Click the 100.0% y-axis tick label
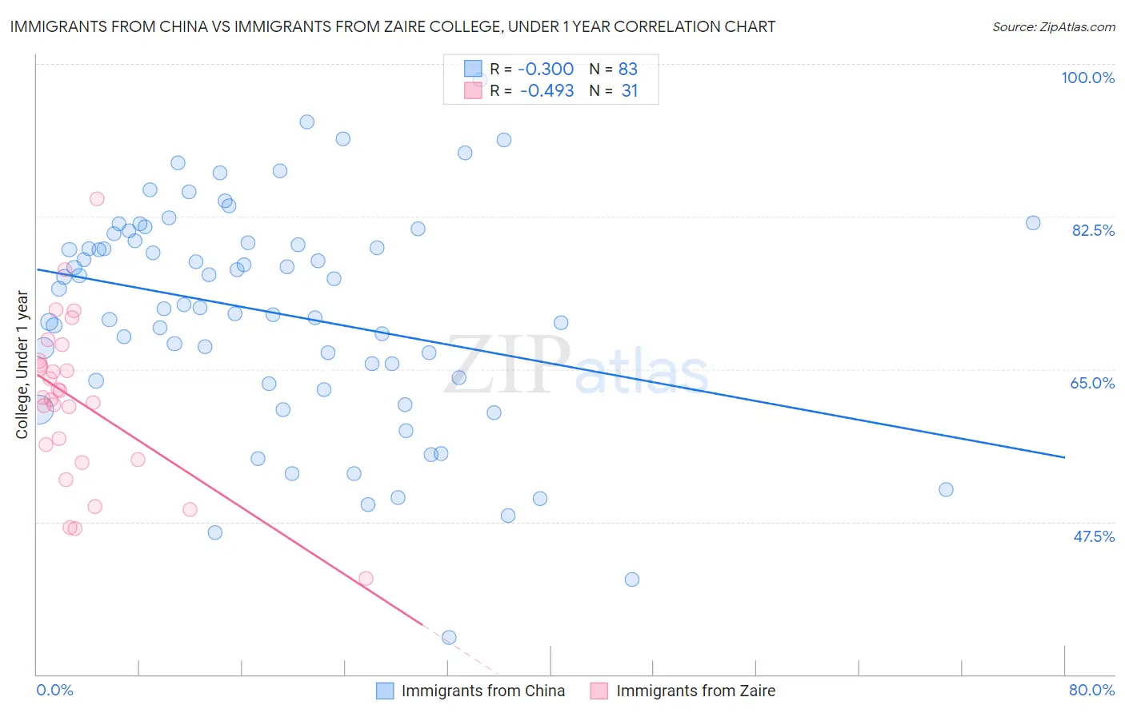(1087, 78)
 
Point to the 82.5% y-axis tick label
(1093, 230)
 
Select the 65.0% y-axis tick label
(1092, 383)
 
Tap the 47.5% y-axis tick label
(1094, 536)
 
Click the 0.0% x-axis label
(54, 690)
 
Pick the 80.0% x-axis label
(1091, 690)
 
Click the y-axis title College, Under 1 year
(22, 365)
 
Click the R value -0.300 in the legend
(546, 70)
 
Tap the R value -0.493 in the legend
(546, 91)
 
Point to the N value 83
(628, 70)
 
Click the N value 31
(630, 91)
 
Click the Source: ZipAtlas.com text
(1053, 27)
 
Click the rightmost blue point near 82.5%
(1033, 223)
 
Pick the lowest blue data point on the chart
(449, 637)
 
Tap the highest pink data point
(97, 199)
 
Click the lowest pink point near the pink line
(366, 578)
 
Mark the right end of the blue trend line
(1064, 457)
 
